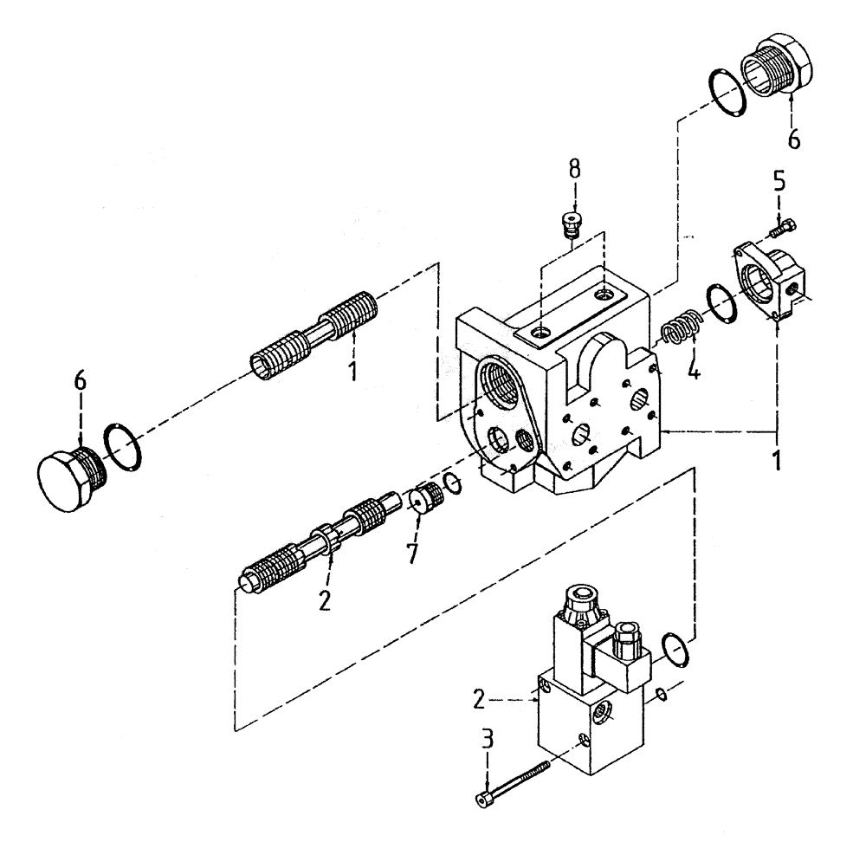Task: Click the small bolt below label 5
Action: pos(782,227)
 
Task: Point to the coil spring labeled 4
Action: pos(680,331)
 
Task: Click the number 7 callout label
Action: pos(412,552)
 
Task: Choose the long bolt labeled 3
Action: pos(513,781)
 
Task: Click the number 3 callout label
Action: pos(488,739)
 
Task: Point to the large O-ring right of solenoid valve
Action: pos(676,651)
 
